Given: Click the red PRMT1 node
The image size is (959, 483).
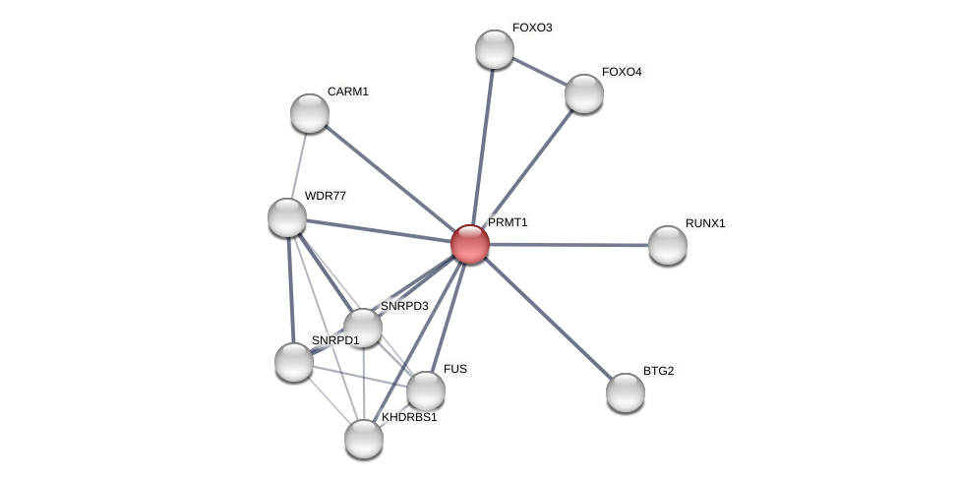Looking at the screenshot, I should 470,244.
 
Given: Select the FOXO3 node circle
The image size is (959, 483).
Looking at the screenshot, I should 495,49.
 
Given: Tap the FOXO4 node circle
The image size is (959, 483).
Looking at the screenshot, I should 584,93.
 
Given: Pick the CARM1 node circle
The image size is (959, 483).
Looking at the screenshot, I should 310,113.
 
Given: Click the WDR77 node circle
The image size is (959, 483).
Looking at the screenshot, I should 287,217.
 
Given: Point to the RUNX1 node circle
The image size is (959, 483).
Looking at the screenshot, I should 668,245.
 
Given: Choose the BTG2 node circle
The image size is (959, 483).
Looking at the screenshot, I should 626,392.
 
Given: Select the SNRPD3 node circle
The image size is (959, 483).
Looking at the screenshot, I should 363,328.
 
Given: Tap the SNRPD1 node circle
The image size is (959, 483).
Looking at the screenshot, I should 294,362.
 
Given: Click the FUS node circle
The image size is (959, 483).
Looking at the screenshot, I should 426,391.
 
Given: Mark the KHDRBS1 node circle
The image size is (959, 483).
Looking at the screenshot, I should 364,439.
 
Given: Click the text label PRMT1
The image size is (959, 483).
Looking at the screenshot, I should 508,222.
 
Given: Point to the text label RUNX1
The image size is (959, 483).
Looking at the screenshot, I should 705,223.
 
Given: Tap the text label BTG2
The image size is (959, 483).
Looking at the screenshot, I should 659,371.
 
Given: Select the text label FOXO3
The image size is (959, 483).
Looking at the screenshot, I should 532,28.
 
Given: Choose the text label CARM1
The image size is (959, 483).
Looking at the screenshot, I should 348,91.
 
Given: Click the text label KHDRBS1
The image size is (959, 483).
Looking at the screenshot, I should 409,417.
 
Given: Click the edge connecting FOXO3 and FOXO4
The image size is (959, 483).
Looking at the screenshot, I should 539,71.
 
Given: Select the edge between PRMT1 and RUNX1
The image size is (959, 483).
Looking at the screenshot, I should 569,245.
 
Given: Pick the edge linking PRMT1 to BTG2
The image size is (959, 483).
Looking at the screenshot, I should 548,319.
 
